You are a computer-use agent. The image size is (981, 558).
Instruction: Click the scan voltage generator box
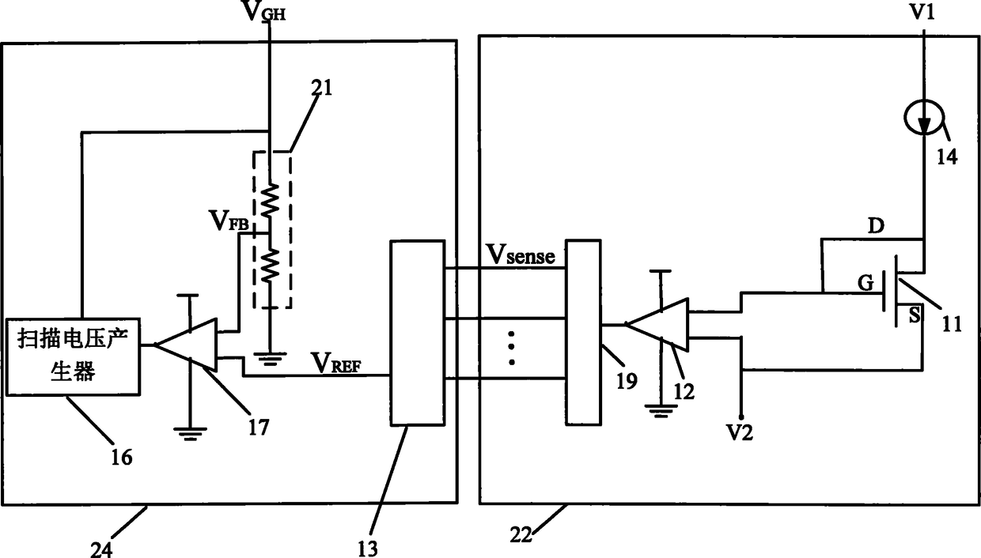(73, 357)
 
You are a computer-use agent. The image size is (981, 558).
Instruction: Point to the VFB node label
(229, 221)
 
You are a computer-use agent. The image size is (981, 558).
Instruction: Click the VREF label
(336, 363)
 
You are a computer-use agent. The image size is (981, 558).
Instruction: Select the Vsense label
(521, 254)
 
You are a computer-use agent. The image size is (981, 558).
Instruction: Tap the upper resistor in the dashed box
(270, 200)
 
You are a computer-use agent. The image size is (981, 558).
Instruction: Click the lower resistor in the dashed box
(270, 266)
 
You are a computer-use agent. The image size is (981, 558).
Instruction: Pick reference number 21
(322, 88)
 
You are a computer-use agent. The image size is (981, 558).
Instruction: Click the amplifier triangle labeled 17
(186, 345)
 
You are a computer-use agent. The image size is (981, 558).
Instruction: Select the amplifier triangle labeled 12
(657, 325)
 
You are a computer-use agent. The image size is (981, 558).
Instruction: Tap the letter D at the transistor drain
(876, 226)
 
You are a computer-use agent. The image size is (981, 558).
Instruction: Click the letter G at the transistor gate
(865, 283)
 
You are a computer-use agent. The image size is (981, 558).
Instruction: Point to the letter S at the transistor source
(915, 315)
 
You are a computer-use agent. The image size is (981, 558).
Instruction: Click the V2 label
(740, 433)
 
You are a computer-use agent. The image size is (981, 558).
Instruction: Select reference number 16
(121, 458)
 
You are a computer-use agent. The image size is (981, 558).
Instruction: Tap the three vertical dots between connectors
(512, 349)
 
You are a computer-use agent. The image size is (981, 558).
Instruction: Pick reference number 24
(101, 549)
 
